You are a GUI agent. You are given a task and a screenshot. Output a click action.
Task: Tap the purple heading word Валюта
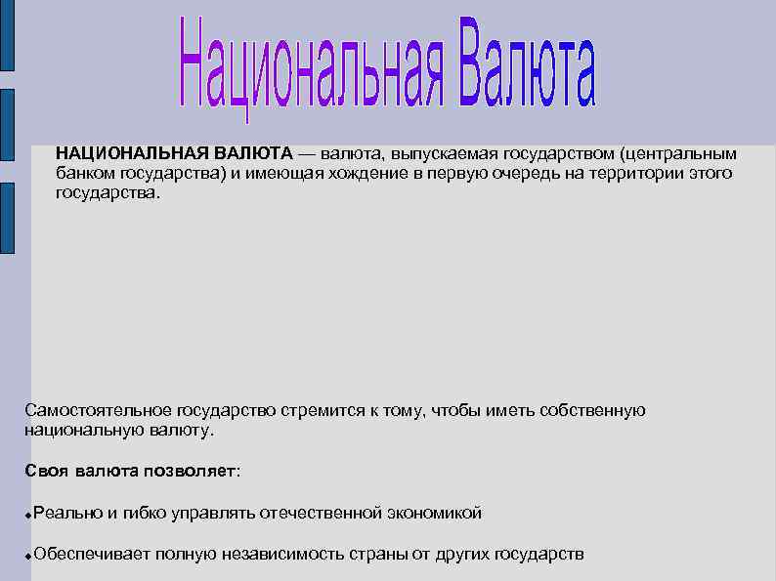coord(521,61)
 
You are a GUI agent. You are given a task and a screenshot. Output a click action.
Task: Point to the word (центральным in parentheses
coord(678,153)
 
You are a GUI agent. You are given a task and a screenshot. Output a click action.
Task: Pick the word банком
coord(86,174)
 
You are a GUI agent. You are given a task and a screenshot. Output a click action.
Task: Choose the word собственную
coord(592,410)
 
